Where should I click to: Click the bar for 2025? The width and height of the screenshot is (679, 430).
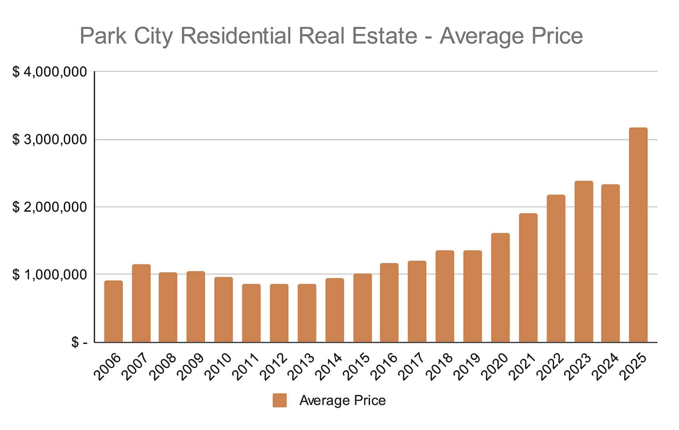pyautogui.click(x=638, y=235)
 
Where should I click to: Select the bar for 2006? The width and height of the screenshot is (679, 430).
pyautogui.click(x=113, y=312)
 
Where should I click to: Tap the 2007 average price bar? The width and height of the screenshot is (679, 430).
pyautogui.click(x=141, y=304)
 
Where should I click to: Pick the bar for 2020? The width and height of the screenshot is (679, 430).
pyautogui.click(x=500, y=288)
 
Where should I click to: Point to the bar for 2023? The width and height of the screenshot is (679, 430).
pyautogui.click(x=584, y=262)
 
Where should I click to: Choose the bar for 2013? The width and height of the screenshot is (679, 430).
pyautogui.click(x=307, y=313)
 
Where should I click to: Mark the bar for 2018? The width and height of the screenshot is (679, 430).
pyautogui.click(x=445, y=296)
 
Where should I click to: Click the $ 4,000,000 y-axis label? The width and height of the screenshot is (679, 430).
pyautogui.click(x=49, y=72)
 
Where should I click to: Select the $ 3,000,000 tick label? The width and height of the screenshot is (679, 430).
pyautogui.click(x=49, y=140)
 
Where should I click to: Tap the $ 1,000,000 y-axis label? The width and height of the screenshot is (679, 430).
pyautogui.click(x=49, y=275)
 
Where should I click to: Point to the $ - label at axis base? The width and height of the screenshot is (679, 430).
pyautogui.click(x=79, y=342)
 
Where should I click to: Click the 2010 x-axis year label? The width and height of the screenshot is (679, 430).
pyautogui.click(x=218, y=367)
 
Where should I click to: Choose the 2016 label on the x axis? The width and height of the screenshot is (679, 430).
pyautogui.click(x=384, y=367)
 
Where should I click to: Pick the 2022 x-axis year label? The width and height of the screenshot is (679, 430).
pyautogui.click(x=551, y=367)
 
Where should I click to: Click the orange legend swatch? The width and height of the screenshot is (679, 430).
pyautogui.click(x=280, y=400)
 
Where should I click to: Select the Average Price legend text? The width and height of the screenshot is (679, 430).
pyautogui.click(x=342, y=400)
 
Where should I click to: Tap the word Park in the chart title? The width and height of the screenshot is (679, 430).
pyautogui.click(x=103, y=36)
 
